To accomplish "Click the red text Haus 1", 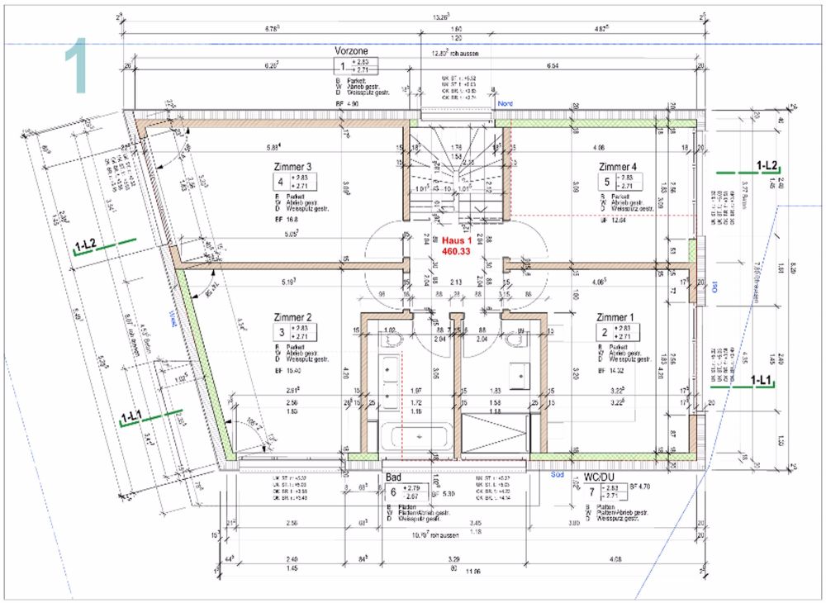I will [x=456, y=240].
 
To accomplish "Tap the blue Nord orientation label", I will [x=506, y=103].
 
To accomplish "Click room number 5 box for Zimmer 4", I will [x=606, y=182].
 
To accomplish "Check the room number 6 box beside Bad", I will [x=393, y=493].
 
